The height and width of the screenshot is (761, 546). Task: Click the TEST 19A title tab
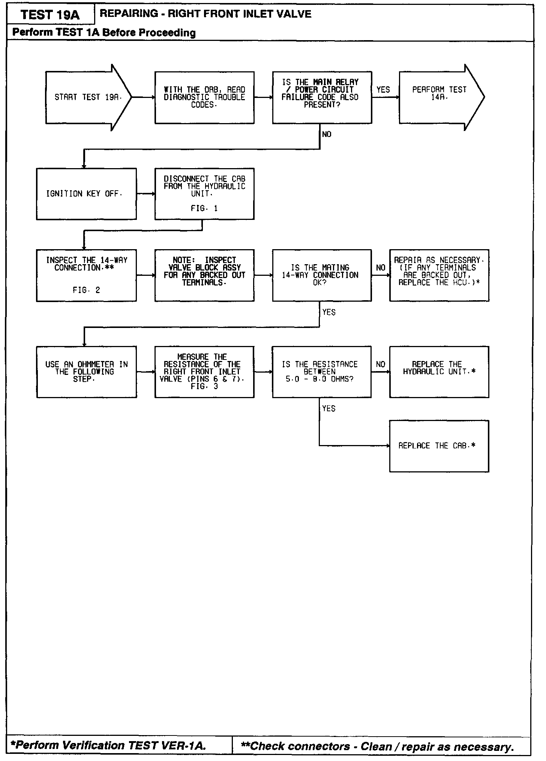50,15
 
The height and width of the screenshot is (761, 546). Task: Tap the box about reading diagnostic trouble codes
204,98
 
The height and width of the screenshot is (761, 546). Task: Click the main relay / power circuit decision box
322,98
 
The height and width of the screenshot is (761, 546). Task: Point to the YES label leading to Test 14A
383,90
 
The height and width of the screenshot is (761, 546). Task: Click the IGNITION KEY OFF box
86,194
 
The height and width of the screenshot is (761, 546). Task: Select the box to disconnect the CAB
204,194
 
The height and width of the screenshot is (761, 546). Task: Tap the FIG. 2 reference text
86,290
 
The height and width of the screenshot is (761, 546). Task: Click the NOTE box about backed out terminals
204,275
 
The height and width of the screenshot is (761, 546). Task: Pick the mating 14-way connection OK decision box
322,275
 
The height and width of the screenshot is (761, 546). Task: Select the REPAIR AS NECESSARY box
439,275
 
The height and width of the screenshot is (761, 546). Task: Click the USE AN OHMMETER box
86,371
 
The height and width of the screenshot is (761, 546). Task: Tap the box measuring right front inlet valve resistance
204,371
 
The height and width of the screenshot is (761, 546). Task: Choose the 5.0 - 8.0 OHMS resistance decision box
322,371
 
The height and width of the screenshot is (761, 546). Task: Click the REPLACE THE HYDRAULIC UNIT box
439,371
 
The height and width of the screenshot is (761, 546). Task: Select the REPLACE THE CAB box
439,446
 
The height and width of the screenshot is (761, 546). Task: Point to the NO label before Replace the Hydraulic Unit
380,364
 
